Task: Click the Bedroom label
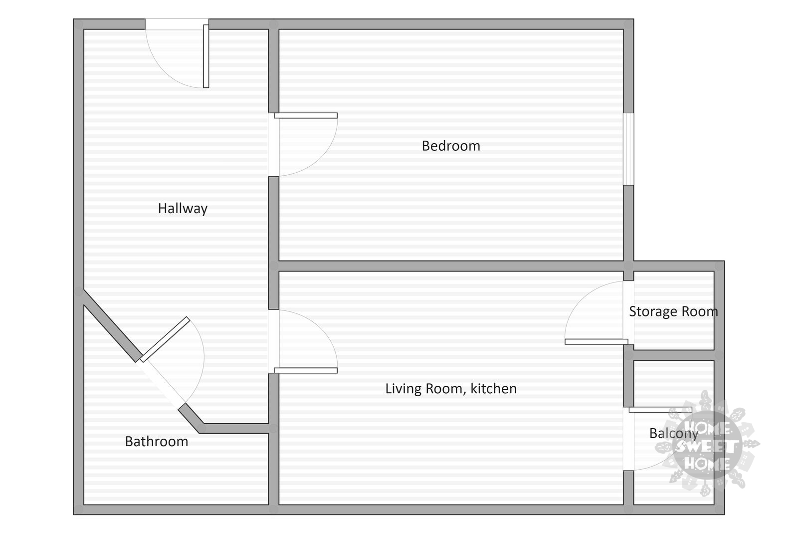[x=451, y=146]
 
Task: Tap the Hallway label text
[x=183, y=209]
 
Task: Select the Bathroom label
[x=157, y=441]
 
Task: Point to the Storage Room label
[x=673, y=311]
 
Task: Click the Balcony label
[x=674, y=434]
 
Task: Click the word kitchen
[x=493, y=388]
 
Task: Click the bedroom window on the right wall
[x=629, y=149]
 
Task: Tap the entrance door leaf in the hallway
[x=206, y=56]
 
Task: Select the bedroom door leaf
[x=306, y=115]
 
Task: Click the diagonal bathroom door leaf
[x=165, y=339]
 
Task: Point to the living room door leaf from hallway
[x=306, y=371]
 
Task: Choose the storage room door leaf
[x=597, y=342]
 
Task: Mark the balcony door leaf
[x=660, y=410]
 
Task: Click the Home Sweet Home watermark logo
[x=708, y=444]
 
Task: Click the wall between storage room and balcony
[x=674, y=355]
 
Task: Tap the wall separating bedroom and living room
[x=451, y=266]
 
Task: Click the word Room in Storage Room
[x=699, y=311]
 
